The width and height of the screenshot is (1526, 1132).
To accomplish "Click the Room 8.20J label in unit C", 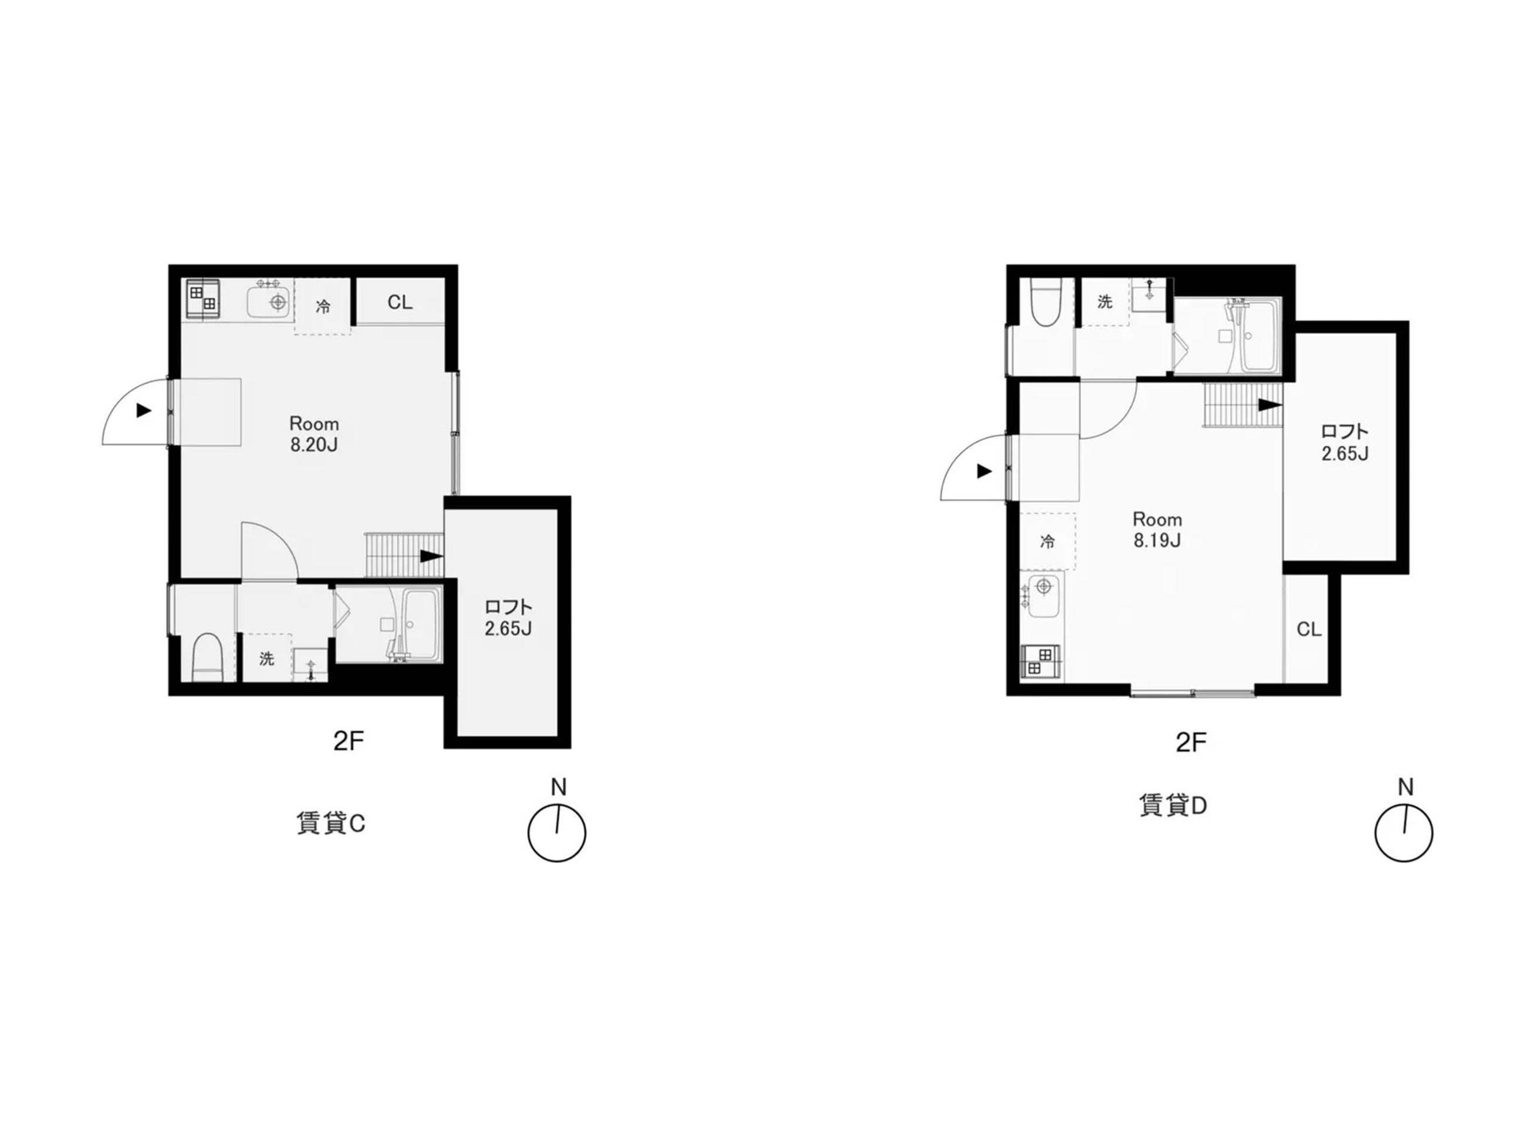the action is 314,434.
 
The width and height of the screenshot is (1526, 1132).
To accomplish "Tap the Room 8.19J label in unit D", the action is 1157,530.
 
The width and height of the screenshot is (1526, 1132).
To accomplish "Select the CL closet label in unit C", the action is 400,302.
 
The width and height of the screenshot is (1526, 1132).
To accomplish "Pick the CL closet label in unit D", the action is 1309,629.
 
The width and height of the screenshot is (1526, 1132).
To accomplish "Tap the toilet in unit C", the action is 208,658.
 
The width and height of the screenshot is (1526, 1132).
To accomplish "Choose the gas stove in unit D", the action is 1041,662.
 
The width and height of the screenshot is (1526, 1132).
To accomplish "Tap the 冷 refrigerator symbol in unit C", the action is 323,306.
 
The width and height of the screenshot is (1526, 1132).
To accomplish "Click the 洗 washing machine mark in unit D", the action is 1105,301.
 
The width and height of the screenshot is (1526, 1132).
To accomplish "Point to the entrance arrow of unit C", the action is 143,411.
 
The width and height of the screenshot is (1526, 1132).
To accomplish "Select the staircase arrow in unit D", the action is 1270,405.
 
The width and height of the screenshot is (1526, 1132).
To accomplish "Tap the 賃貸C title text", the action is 330,823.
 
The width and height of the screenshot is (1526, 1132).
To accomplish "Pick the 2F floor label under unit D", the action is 1191,742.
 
